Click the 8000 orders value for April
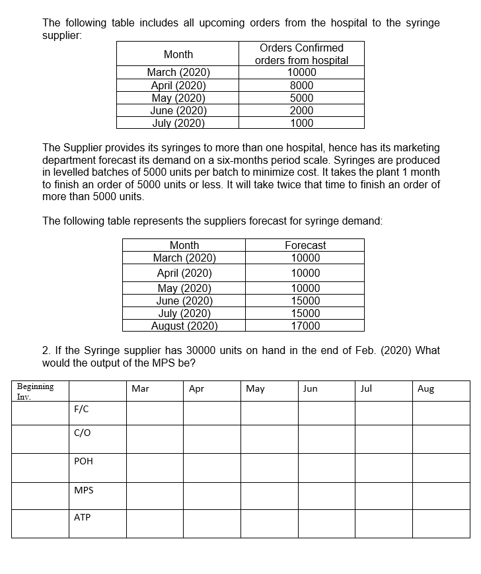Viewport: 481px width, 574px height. tap(301, 85)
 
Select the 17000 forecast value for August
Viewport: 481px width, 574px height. tap(305, 326)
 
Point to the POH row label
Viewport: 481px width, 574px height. tap(83, 462)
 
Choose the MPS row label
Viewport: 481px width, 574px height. tap(84, 490)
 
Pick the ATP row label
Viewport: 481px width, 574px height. tap(83, 518)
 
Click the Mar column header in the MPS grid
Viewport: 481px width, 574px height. tap(140, 389)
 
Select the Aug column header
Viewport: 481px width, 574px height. tap(426, 389)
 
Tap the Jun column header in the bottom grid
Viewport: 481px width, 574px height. tap(310, 389)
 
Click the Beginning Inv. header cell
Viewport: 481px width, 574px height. tap(36, 391)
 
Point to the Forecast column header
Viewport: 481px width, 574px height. tap(305, 245)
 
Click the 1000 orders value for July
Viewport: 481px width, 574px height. tap(301, 123)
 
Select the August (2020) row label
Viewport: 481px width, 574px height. tap(184, 326)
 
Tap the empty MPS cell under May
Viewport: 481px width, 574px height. tap(269, 495)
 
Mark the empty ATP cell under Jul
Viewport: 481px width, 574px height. tap(384, 524)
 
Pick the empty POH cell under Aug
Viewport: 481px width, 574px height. tap(441, 467)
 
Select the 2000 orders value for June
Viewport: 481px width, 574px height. tap(301, 110)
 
